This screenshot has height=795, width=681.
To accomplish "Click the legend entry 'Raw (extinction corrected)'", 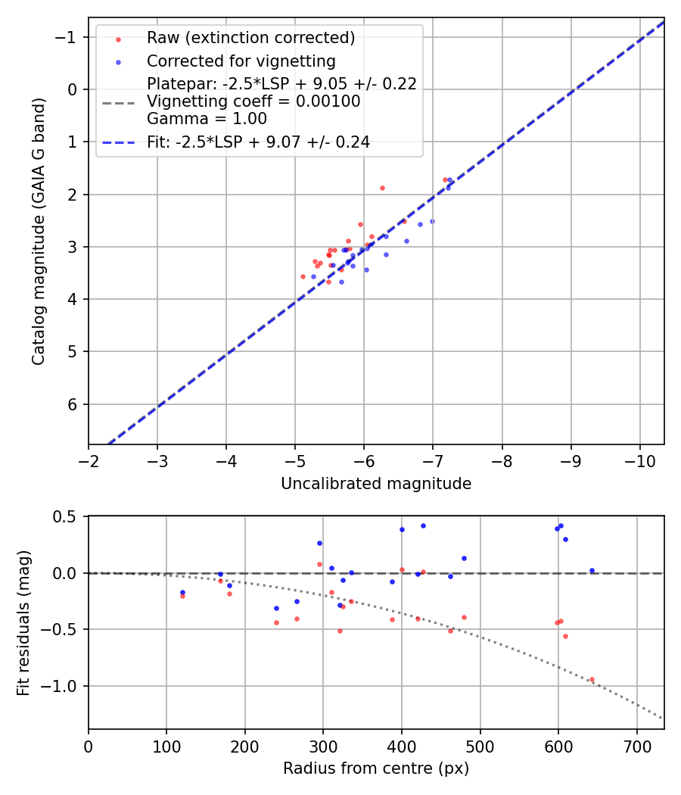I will tap(250, 38).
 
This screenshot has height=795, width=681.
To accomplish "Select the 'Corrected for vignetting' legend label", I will tap(241, 61).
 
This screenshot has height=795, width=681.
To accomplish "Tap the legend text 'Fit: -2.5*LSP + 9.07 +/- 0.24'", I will tap(258, 142).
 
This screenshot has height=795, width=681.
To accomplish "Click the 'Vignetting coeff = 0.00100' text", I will tap(253, 101).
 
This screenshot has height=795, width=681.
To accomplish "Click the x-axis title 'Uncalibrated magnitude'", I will tap(376, 484).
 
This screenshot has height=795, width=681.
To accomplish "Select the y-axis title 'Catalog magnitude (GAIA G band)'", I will tap(39, 231).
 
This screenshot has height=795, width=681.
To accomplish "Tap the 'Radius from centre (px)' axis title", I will tap(376, 768).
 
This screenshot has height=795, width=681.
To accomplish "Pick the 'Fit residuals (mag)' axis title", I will tap(23, 622).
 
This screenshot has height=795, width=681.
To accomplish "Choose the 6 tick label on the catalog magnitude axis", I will tap(73, 404).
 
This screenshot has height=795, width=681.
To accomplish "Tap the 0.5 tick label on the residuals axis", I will tap(67, 516).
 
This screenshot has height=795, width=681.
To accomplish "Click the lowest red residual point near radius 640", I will tap(592, 679).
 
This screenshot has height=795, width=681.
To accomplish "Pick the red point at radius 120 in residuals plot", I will tap(182, 596).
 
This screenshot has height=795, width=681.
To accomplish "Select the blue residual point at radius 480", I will tap(464, 558).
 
